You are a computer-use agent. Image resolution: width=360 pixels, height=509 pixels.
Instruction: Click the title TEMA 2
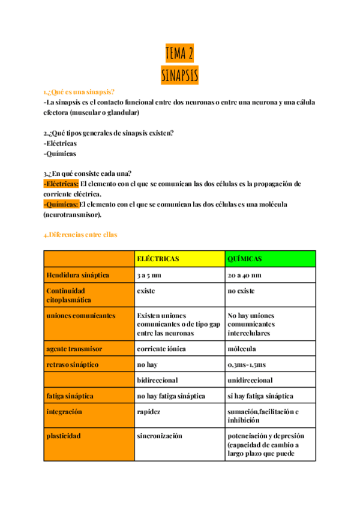(179, 54)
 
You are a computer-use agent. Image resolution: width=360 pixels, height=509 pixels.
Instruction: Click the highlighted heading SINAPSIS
(179, 76)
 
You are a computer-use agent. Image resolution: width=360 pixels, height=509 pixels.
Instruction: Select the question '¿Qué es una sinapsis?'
(79, 92)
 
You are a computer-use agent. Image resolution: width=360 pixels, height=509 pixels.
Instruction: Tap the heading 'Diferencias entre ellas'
(80, 235)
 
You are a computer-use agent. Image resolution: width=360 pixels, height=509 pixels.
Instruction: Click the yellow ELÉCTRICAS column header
(158, 259)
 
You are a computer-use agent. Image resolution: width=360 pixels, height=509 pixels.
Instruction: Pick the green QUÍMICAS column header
(244, 259)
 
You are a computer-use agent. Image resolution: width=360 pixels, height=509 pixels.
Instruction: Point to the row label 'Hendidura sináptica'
(78, 276)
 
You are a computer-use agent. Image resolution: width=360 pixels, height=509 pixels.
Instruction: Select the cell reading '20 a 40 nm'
(244, 276)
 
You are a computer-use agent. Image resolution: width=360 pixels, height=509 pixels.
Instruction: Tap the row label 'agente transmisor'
(74, 349)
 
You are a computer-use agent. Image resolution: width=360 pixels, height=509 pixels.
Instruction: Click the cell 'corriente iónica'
(161, 349)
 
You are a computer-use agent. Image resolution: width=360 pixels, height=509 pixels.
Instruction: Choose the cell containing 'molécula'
(242, 349)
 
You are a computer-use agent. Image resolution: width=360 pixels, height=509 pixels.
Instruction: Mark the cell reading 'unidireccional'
(250, 380)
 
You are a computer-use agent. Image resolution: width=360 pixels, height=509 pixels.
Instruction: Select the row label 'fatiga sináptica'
(70, 396)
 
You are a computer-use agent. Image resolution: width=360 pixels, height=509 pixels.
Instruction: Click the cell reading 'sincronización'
(160, 436)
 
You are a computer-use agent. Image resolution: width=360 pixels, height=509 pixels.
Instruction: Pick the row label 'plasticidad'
(64, 436)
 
